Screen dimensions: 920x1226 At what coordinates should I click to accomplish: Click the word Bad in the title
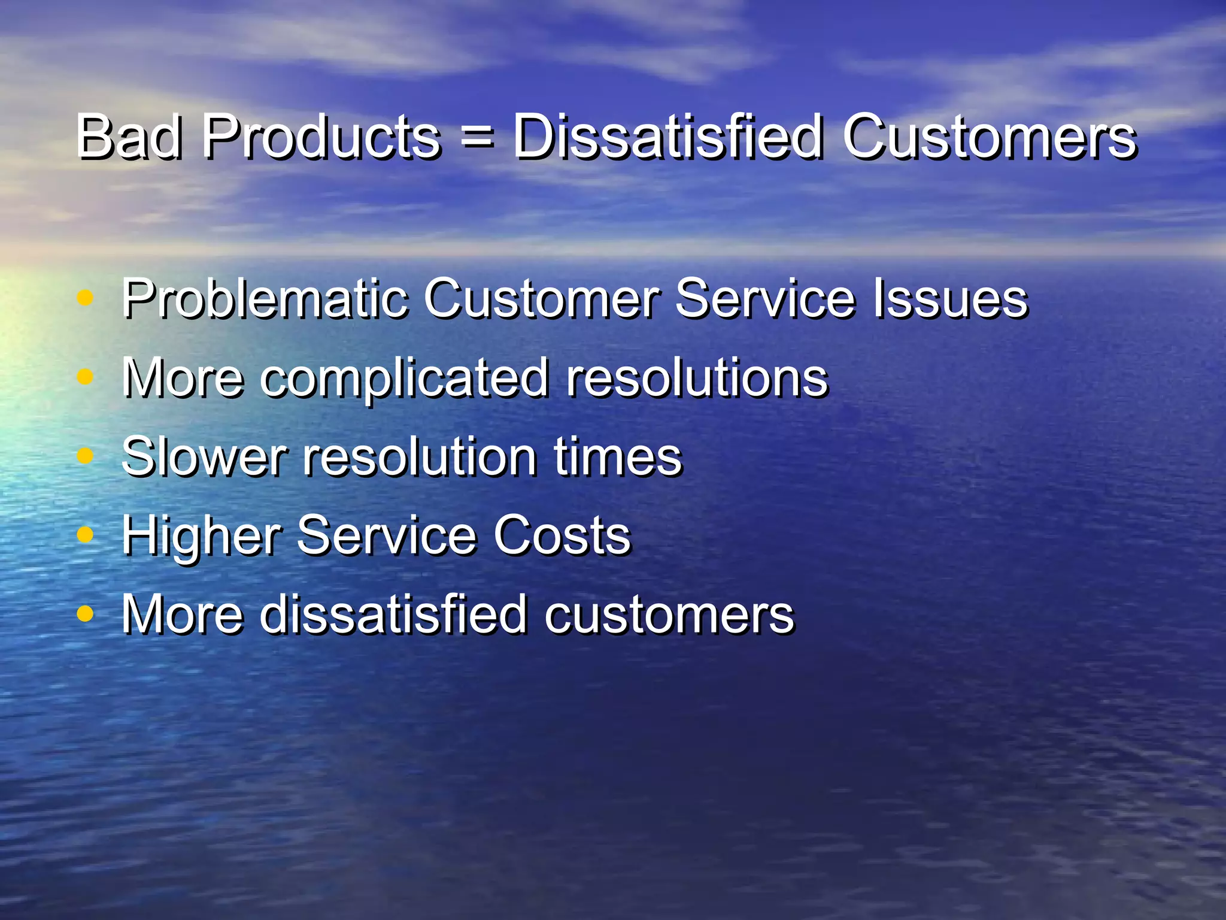point(128,138)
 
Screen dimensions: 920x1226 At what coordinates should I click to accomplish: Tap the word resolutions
point(697,377)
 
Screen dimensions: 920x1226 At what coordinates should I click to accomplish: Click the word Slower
point(204,456)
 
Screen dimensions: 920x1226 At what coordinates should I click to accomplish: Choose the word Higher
point(201,535)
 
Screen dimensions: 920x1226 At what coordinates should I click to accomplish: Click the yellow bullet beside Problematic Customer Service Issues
point(86,298)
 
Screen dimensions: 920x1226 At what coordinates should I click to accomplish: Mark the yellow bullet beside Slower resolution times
point(86,456)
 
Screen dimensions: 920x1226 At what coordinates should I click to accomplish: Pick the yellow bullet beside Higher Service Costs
point(86,534)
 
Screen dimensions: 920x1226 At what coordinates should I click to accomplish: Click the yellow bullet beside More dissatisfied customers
point(86,613)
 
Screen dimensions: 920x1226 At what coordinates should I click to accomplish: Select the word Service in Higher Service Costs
point(386,535)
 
